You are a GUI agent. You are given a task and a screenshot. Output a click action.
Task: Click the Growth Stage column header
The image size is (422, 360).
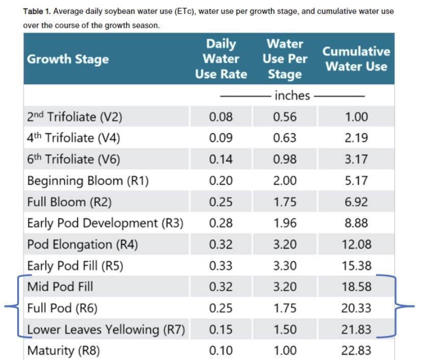pyautogui.click(x=68, y=59)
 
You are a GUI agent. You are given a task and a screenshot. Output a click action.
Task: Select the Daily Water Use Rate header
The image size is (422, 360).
pyautogui.click(x=221, y=59)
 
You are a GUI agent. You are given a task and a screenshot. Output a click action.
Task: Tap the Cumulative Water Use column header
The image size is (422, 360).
pyautogui.click(x=356, y=59)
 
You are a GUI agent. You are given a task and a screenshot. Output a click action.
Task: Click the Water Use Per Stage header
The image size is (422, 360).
pyautogui.click(x=284, y=59)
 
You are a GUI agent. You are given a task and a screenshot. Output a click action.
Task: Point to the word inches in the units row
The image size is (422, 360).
pyautogui.click(x=292, y=95)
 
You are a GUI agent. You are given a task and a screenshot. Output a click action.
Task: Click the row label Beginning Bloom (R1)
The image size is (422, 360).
pyautogui.click(x=88, y=181)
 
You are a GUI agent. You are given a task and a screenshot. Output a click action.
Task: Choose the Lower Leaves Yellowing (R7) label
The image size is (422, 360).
pyautogui.click(x=106, y=329)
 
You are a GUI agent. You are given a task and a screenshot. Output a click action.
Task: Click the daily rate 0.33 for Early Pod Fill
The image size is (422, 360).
pyautogui.click(x=221, y=266)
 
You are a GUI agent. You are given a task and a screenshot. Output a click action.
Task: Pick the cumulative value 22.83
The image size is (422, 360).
pyautogui.click(x=356, y=351)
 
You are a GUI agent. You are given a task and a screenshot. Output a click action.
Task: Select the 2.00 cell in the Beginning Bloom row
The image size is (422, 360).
pyautogui.click(x=284, y=181)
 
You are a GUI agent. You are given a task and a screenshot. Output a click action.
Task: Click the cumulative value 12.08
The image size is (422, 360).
pyautogui.click(x=356, y=244)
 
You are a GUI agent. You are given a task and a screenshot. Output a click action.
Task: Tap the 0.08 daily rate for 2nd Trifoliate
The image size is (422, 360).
pyautogui.click(x=221, y=117)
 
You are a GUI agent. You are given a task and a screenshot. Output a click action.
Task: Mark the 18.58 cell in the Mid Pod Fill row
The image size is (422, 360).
pyautogui.click(x=356, y=287)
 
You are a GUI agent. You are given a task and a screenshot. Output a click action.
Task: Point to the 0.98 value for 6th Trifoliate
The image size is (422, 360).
pyautogui.click(x=284, y=159)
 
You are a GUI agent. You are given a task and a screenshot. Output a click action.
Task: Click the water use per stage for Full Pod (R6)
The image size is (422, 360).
pyautogui.click(x=284, y=309)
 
